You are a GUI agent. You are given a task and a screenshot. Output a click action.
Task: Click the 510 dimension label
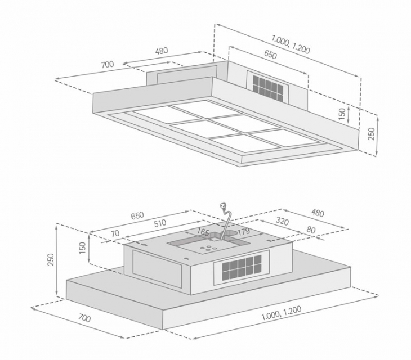160,223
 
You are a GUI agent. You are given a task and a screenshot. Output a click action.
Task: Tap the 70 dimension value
115,233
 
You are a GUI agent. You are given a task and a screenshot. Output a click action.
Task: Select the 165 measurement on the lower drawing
203,232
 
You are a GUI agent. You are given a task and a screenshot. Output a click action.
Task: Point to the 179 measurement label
244,231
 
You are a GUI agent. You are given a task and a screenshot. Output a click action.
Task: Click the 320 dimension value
282,222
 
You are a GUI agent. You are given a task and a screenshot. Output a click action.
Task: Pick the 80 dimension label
311,229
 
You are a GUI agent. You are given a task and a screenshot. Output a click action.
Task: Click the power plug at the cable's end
224,205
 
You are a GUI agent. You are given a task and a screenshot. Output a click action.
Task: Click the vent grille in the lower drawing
242,267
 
